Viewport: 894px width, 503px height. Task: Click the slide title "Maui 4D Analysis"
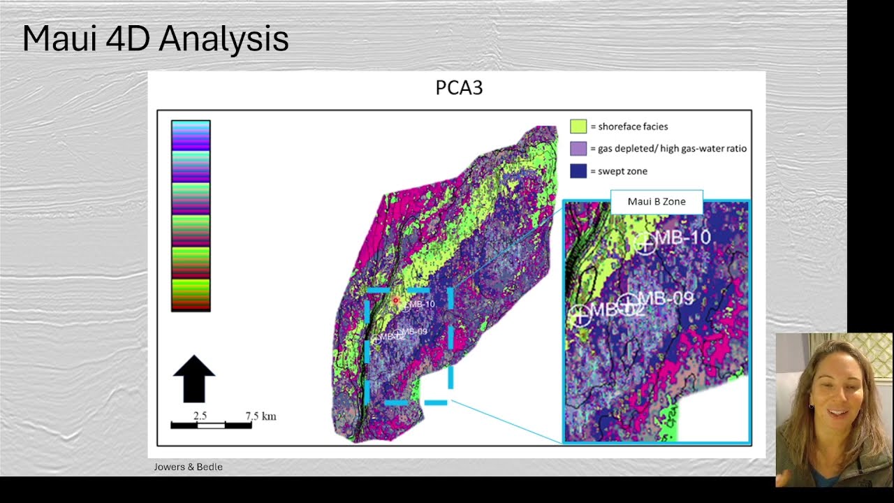[x=155, y=39]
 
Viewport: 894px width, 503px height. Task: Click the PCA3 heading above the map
[x=459, y=88]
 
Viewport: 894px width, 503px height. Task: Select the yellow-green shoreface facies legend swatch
[x=578, y=126]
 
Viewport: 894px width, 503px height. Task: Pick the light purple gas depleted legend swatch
[x=578, y=149]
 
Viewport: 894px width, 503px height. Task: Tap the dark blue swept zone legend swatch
[x=578, y=171]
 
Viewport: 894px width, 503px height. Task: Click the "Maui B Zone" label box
[x=657, y=202]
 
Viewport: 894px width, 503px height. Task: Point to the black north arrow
[x=193, y=379]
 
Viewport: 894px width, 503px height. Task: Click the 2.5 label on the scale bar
[x=200, y=416]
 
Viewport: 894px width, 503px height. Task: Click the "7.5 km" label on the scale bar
[x=261, y=416]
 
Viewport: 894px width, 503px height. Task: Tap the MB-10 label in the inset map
[x=683, y=238]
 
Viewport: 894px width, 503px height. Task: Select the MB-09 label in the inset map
[x=666, y=299]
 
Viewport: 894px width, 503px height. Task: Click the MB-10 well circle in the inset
[x=645, y=244]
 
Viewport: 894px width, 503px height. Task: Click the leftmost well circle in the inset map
[x=580, y=315]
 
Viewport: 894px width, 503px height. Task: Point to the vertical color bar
[x=191, y=216]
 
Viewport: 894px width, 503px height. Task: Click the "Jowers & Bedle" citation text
[x=188, y=467]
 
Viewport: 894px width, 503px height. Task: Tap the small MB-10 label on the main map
[x=422, y=304]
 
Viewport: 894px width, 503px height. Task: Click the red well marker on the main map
[x=396, y=300]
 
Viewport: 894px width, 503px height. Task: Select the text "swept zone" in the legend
[x=622, y=171]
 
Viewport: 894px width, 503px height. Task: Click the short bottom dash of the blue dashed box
[x=436, y=402]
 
